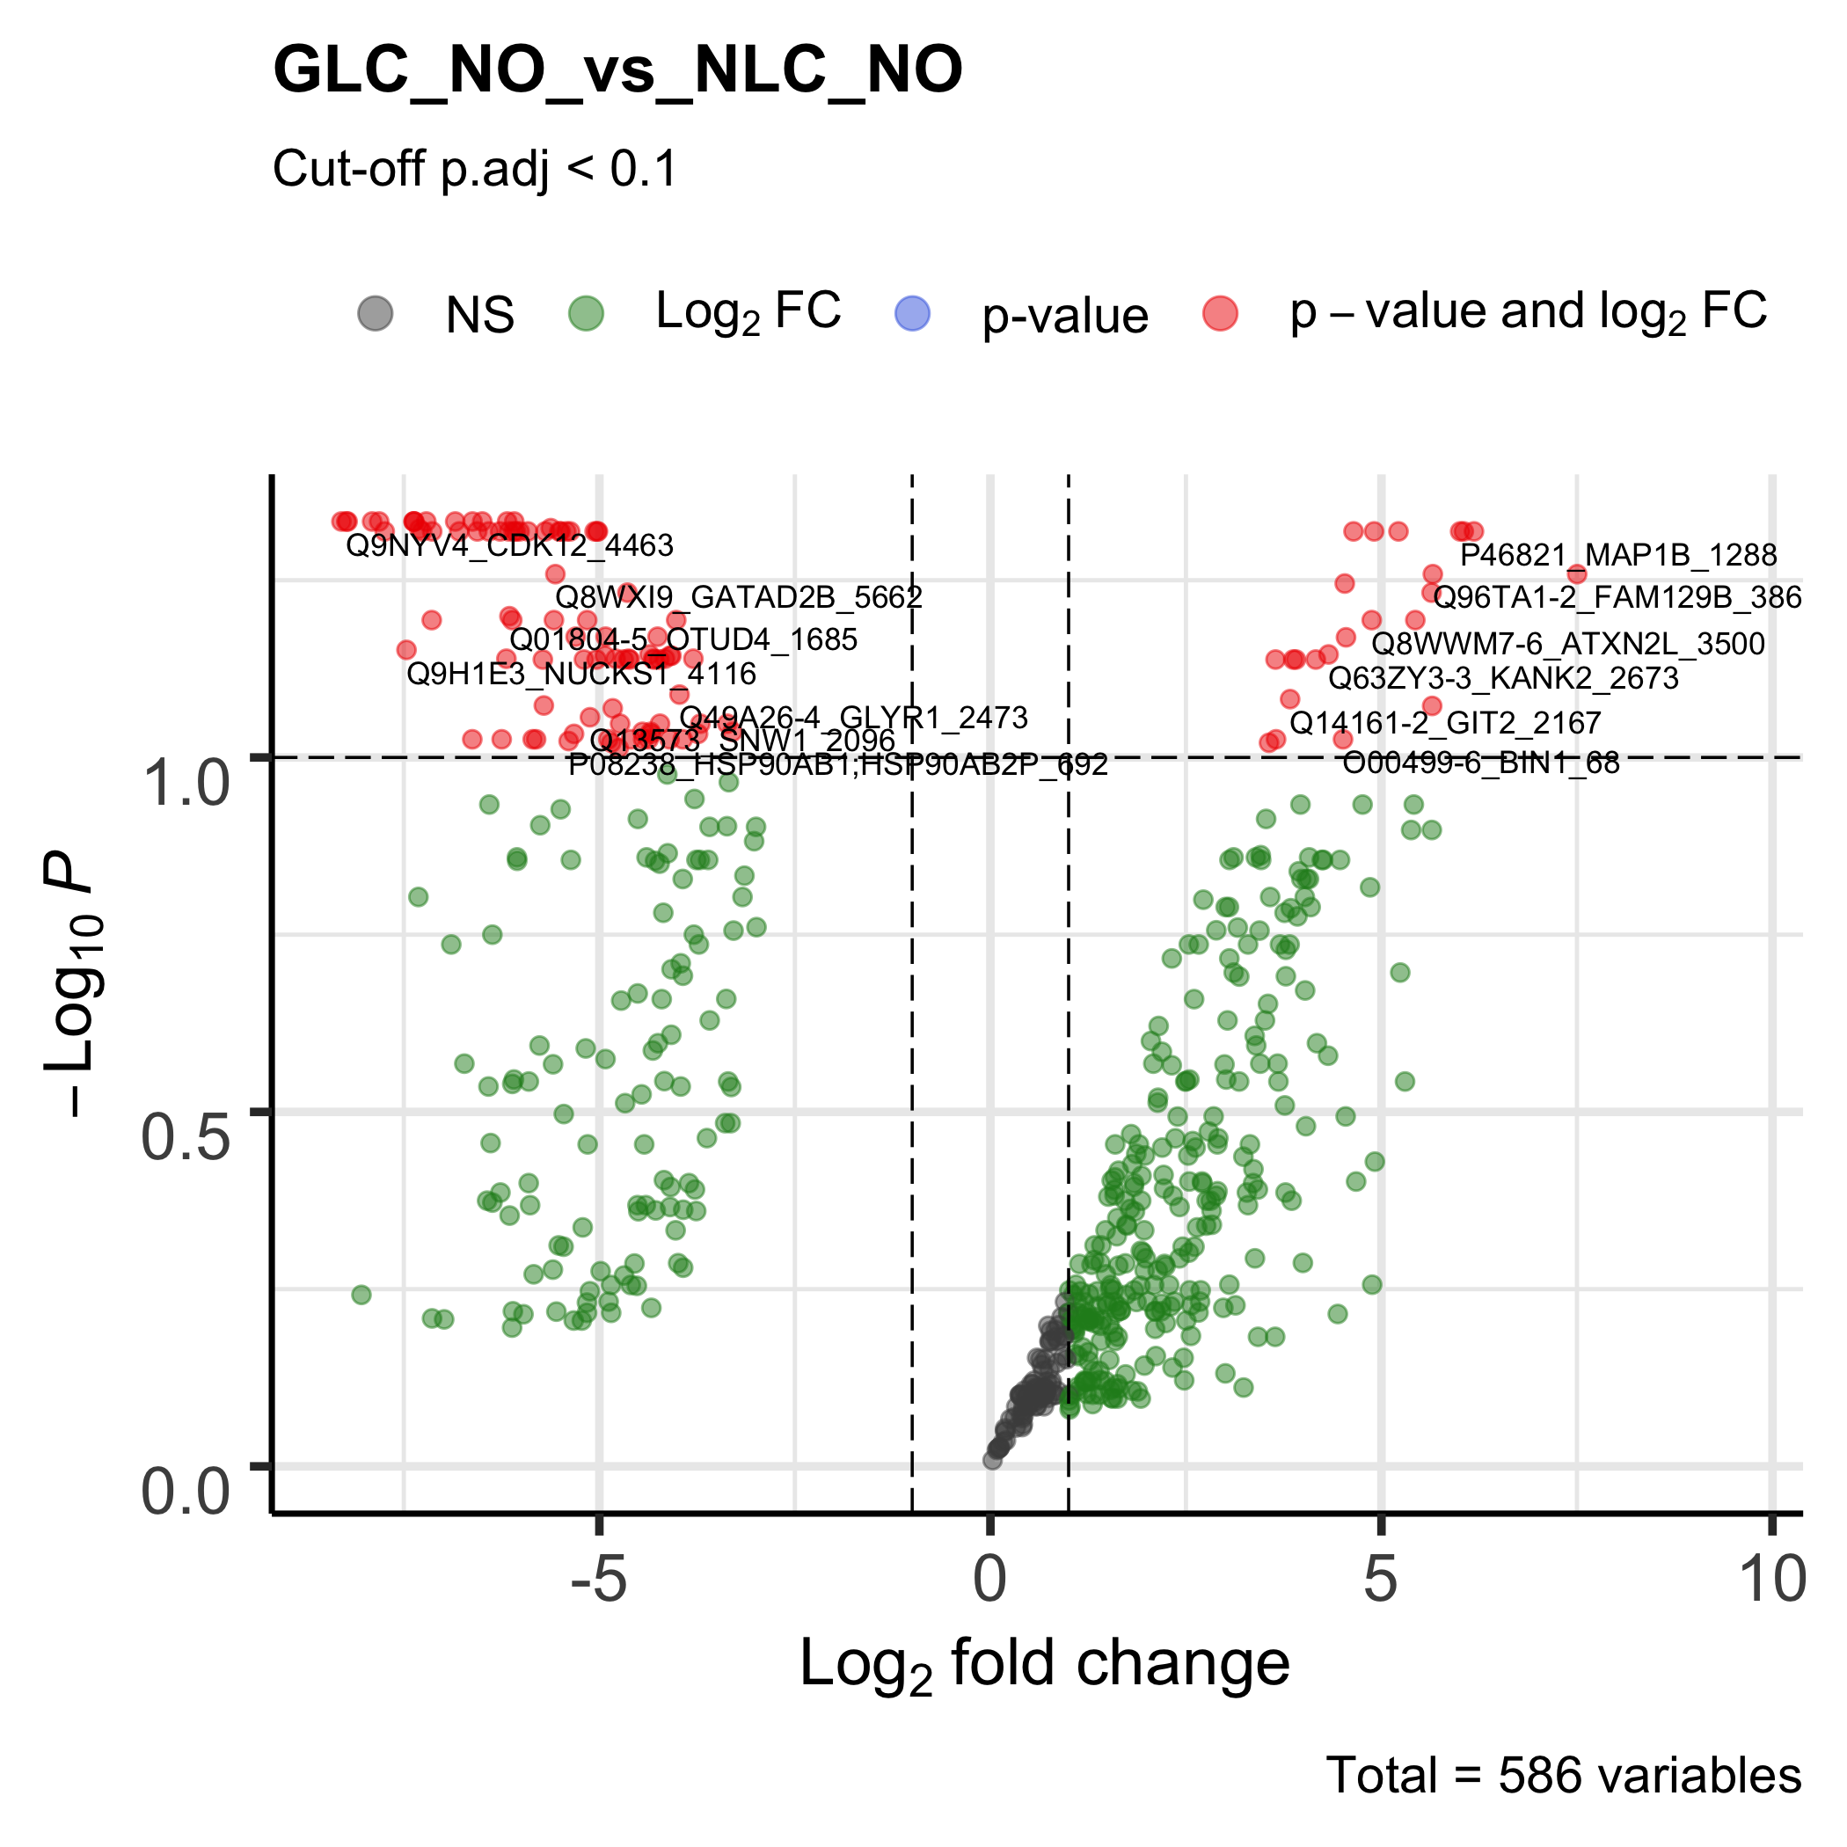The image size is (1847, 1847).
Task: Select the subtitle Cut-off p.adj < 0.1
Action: [x=475, y=169]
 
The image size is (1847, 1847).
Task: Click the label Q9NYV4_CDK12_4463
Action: [x=509, y=546]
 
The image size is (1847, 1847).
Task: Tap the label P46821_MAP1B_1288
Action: [x=1618, y=556]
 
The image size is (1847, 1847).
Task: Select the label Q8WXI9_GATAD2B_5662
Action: [x=739, y=597]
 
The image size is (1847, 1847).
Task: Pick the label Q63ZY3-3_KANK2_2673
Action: [x=1504, y=678]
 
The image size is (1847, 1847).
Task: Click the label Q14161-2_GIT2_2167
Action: [x=1444, y=723]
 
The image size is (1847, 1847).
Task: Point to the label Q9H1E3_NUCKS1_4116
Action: [x=581, y=674]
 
